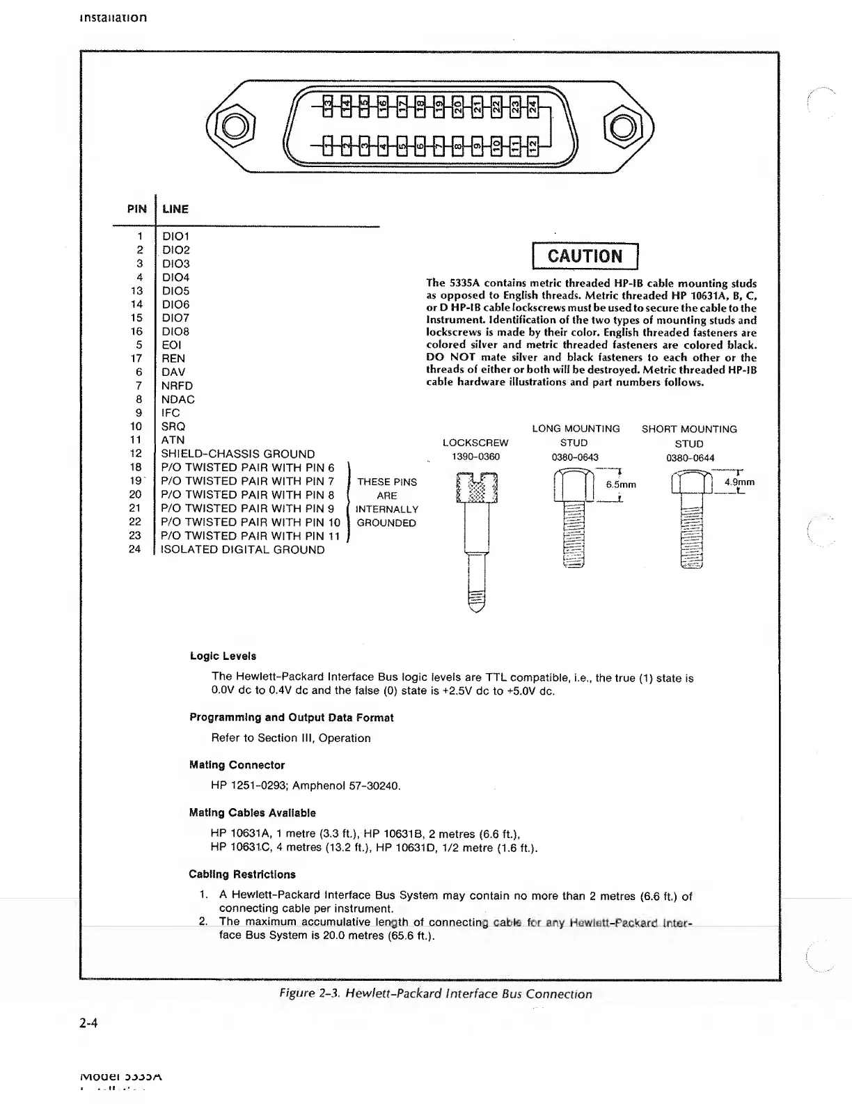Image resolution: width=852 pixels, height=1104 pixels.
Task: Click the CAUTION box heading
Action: [x=585, y=256]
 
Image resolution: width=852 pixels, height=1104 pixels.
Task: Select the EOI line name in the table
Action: [x=171, y=345]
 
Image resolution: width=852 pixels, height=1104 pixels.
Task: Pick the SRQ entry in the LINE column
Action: [x=173, y=427]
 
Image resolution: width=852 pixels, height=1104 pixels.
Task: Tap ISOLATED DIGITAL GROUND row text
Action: [x=242, y=550]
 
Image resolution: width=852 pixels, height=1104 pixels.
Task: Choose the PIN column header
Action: [x=137, y=209]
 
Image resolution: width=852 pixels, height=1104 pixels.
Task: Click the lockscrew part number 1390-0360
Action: [x=476, y=457]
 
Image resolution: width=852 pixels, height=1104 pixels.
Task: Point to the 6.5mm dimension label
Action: [x=621, y=484]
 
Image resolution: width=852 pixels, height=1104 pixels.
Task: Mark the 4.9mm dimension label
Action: [x=739, y=482]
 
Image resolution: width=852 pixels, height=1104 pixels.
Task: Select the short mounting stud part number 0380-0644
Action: [x=690, y=458]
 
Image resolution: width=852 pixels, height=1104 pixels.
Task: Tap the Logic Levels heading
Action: [x=223, y=656]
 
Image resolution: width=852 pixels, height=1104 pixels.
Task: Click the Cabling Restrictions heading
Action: [x=242, y=874]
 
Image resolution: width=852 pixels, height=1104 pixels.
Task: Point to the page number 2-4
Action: [x=88, y=1023]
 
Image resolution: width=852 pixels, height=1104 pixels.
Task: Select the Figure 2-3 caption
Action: [x=434, y=994]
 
